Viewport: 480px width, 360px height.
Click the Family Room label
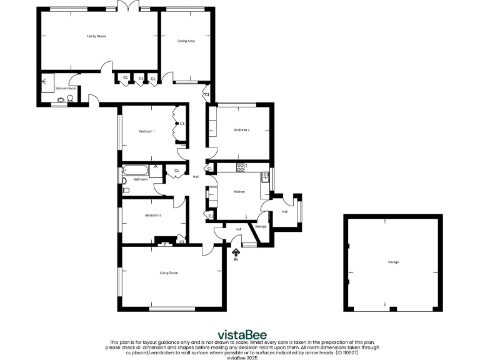coord(96,36)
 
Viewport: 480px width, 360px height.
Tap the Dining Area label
coord(186,41)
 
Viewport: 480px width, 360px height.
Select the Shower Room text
coord(66,89)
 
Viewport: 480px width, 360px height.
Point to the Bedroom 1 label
coord(147,131)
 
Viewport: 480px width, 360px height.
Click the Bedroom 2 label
coord(242,130)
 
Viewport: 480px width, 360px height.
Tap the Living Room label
coord(169,272)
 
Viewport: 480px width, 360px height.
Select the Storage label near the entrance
coord(261,226)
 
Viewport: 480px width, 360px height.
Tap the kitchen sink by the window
coord(264,177)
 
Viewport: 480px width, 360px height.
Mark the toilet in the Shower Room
coord(70,99)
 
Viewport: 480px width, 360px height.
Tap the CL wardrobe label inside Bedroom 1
coord(182,124)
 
